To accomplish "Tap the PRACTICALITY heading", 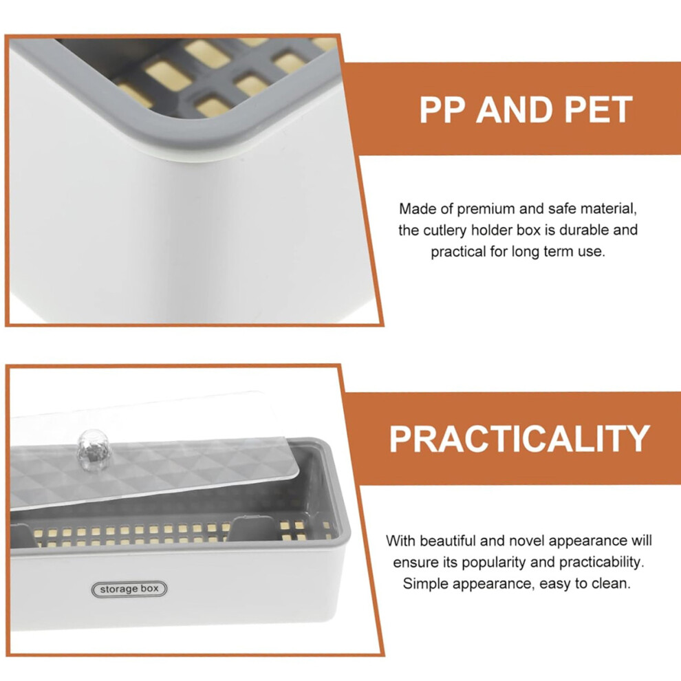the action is point(519,439).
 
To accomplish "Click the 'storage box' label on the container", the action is point(129,589).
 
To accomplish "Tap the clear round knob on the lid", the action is point(92,450).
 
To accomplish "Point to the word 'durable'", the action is point(584,230).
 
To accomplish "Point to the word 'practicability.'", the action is point(601,563).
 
